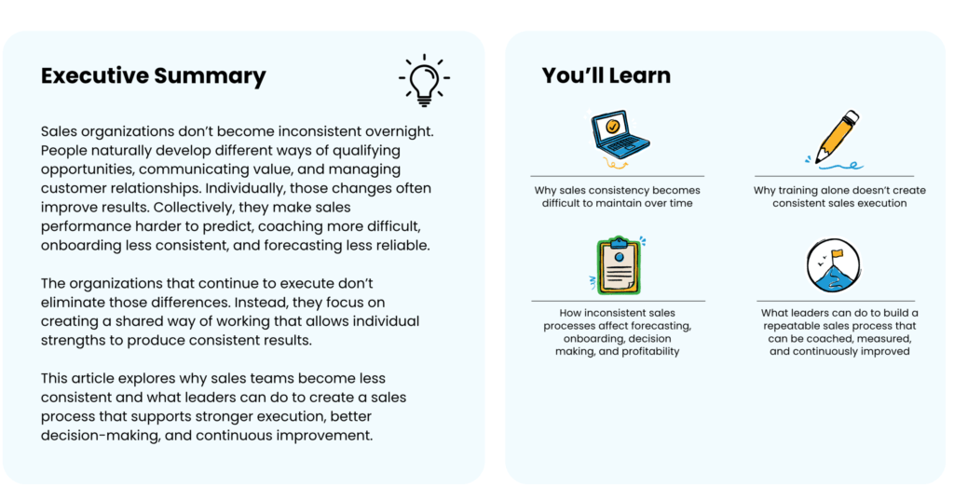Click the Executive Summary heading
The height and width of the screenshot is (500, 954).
tap(154, 76)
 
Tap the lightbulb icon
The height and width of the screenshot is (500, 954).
tap(424, 80)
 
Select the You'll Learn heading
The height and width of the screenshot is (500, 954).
tap(606, 75)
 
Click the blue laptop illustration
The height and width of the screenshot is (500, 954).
tap(620, 135)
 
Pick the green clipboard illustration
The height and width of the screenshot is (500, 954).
tap(619, 265)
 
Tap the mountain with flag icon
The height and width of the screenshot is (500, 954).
tap(833, 265)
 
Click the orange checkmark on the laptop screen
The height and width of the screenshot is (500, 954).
tap(613, 127)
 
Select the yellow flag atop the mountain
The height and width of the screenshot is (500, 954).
tap(838, 253)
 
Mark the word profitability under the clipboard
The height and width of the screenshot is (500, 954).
tap(648, 352)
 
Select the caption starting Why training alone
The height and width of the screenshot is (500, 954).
tap(839, 196)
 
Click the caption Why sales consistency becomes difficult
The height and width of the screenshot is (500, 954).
tap(618, 196)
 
